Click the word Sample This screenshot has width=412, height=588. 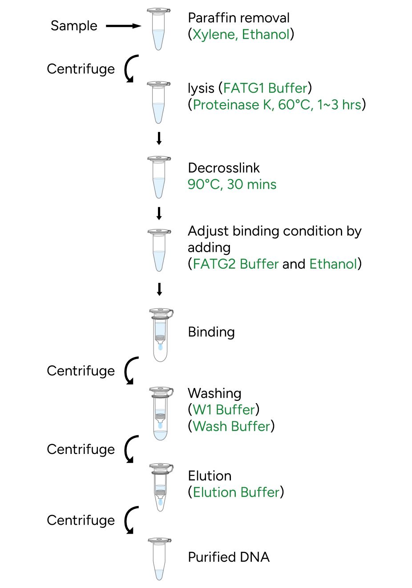74,26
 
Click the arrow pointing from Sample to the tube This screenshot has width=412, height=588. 123,26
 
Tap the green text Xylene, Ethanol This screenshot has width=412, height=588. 241,34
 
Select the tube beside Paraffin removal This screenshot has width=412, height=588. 158,29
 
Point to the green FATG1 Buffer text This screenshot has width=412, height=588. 265,88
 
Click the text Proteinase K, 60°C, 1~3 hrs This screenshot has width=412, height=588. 277,105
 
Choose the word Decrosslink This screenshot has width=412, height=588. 224,168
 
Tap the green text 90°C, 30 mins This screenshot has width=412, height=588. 232,184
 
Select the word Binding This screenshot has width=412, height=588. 211,332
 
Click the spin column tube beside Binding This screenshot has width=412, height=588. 161,334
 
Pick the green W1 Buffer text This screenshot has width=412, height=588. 224,410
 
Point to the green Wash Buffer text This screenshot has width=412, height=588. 231,426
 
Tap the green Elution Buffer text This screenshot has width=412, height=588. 236,492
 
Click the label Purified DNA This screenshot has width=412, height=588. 229,557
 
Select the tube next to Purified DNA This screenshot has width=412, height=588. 159,559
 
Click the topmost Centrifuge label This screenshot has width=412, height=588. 81,69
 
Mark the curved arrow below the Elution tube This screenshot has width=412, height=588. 130,520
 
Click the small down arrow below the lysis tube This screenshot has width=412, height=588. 159,139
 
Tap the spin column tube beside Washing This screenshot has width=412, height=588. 161,413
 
